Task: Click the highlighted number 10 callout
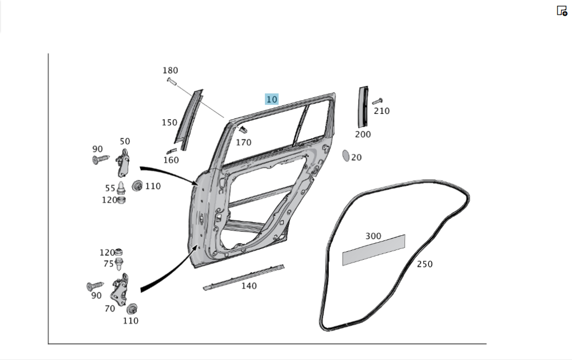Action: (x=271, y=99)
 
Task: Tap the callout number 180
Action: (x=170, y=70)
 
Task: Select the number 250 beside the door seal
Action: (x=424, y=264)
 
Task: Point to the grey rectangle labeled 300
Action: (x=374, y=250)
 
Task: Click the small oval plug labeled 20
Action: (x=345, y=155)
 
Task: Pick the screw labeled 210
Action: (x=377, y=101)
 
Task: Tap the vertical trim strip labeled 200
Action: (x=363, y=107)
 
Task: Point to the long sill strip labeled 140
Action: (x=243, y=276)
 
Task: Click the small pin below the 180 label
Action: (x=171, y=84)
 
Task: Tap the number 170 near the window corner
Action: (x=243, y=143)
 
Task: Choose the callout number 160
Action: (x=171, y=161)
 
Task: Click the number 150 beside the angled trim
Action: (x=169, y=122)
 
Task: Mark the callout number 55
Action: (x=110, y=188)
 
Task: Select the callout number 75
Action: (x=108, y=263)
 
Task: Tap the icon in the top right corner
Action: (x=562, y=10)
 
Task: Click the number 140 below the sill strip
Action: (x=248, y=286)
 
